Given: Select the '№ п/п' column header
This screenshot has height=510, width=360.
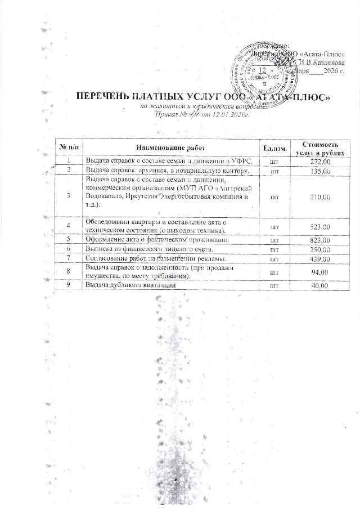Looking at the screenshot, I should pyautogui.click(x=68, y=147).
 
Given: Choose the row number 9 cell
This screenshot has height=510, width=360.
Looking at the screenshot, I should pyautogui.click(x=69, y=286).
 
